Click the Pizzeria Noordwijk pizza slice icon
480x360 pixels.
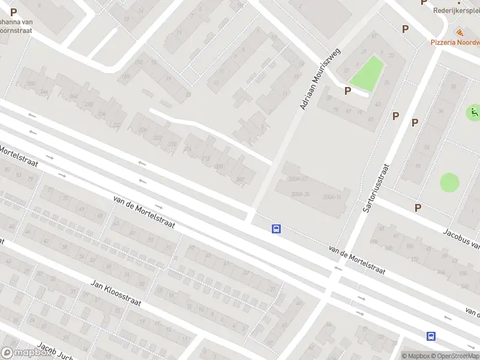459,32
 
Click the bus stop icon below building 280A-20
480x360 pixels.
277,229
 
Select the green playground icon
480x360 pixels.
474,112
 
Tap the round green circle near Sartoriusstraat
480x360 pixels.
449,182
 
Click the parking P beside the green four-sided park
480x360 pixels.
347,91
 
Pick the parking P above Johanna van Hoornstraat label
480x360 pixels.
13,11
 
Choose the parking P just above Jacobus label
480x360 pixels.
418,208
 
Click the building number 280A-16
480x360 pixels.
335,197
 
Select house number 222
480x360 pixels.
157,137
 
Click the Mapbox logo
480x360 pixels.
26,353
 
